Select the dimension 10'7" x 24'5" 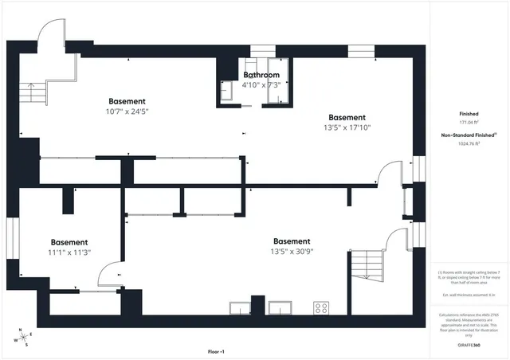(x=127, y=112)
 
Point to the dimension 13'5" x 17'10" (x=347, y=127)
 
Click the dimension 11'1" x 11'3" (x=69, y=252)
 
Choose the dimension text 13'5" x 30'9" (x=292, y=252)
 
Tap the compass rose (x=25, y=337)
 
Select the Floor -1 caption (x=216, y=351)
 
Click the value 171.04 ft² (x=469, y=123)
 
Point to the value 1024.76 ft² (x=469, y=144)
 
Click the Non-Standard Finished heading (x=469, y=135)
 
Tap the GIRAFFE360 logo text (x=469, y=345)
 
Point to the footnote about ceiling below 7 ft (x=469, y=277)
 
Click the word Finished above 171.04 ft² (x=469, y=114)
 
